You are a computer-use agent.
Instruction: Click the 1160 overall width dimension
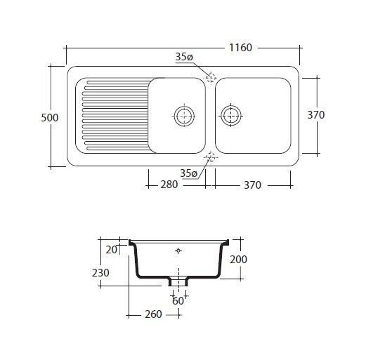point(240,48)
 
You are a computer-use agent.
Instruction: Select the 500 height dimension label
point(50,118)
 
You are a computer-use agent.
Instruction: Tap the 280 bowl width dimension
point(169,185)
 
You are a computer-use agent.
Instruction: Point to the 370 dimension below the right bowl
point(252,185)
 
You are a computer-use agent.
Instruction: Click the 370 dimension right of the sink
point(316,115)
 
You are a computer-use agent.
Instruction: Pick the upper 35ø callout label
point(184,57)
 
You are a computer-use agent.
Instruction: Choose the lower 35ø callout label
point(189,173)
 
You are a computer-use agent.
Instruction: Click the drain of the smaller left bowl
point(185,116)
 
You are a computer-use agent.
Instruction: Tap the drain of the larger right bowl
point(231,116)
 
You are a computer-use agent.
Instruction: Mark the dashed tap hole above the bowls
point(211,78)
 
